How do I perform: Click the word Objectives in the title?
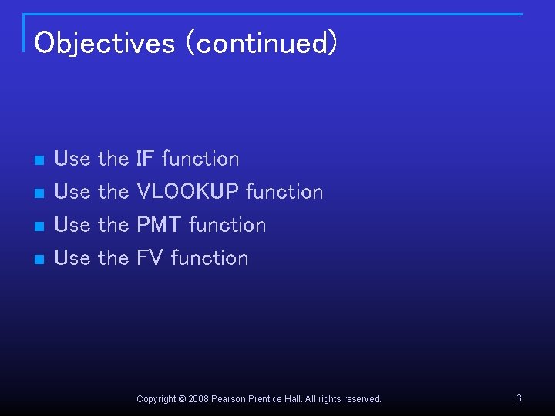click(x=105, y=43)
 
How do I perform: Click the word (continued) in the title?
click(x=267, y=43)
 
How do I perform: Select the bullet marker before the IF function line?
click(x=39, y=160)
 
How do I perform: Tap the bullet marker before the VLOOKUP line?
click(x=39, y=193)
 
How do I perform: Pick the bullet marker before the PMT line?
click(x=39, y=226)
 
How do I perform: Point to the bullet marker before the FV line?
click(x=39, y=260)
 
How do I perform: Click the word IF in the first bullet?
click(x=146, y=159)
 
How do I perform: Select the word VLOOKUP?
click(x=187, y=192)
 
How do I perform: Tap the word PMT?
click(x=159, y=225)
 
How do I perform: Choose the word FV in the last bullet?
click(x=150, y=258)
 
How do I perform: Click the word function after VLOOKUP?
click(x=284, y=192)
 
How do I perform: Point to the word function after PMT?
click(x=227, y=225)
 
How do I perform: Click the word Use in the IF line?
click(x=72, y=159)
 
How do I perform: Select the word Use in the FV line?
click(x=72, y=258)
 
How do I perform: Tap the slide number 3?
click(x=519, y=398)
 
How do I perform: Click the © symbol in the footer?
click(x=182, y=399)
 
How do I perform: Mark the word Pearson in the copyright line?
click(x=230, y=399)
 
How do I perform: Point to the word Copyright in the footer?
click(x=156, y=399)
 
